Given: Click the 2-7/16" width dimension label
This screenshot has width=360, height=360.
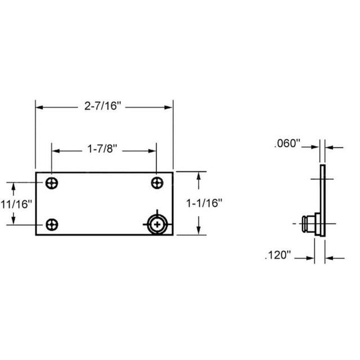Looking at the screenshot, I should [103, 106].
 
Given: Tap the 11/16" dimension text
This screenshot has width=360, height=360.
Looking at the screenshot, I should [17, 203].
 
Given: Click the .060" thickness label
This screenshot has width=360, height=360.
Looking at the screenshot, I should [288, 145].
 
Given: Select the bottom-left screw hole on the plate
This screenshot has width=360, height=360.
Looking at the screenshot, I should [52, 224].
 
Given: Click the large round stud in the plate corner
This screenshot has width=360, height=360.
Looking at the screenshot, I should [156, 224].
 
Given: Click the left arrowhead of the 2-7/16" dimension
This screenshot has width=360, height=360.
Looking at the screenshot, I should [39, 106].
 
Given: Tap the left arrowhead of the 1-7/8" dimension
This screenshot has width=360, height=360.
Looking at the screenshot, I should [56, 150].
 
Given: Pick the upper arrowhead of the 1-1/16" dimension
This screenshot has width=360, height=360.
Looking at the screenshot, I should [199, 177].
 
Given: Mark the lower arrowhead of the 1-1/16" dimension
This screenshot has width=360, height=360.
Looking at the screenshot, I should [199, 231].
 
